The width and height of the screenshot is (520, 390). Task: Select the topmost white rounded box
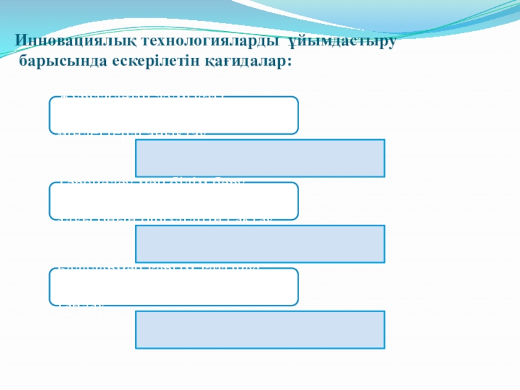[174, 116]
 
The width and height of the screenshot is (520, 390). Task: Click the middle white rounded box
[174, 201]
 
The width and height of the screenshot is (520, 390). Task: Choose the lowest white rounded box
[174, 287]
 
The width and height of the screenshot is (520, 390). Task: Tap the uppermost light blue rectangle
[260, 158]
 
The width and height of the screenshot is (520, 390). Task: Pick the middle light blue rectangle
[260, 244]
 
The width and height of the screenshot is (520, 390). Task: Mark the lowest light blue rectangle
[260, 330]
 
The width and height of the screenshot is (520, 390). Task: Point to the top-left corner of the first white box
[51, 98]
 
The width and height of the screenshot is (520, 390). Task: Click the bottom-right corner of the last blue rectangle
[383, 348]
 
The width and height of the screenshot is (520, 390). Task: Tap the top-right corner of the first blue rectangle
[383, 140]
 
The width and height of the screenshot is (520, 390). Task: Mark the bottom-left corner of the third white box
[51, 304]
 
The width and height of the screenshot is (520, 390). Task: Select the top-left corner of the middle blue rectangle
[136, 226]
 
